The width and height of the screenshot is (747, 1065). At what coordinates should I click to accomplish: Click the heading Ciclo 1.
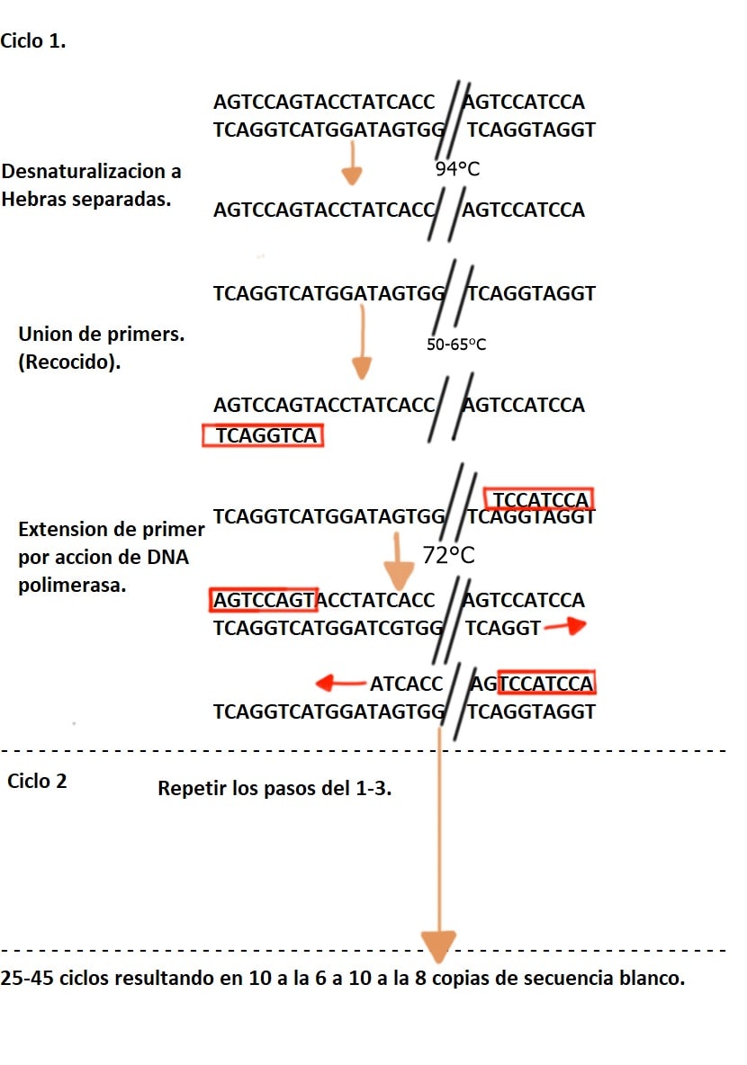pyautogui.click(x=33, y=40)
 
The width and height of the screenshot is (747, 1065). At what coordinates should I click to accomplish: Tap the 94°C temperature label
pyautogui.click(x=457, y=168)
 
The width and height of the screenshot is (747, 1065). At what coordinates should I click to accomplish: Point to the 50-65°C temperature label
pyautogui.click(x=456, y=345)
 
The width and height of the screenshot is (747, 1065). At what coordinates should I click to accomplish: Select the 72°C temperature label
pyautogui.click(x=448, y=555)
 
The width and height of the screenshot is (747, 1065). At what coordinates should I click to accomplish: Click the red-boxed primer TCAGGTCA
pyautogui.click(x=263, y=434)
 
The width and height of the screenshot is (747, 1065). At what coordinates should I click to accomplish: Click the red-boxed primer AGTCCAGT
pyautogui.click(x=264, y=600)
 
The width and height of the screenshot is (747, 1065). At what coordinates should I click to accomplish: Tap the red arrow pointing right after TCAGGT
pyautogui.click(x=565, y=625)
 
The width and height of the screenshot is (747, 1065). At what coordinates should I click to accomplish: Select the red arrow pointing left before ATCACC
pyautogui.click(x=341, y=683)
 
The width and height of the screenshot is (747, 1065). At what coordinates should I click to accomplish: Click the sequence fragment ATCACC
pyautogui.click(x=406, y=684)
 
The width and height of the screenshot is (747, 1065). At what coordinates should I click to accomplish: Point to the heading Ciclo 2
pyautogui.click(x=38, y=781)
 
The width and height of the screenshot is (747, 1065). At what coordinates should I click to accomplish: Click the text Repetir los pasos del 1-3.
pyautogui.click(x=274, y=788)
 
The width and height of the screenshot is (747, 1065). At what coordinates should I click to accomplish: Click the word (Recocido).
pyautogui.click(x=69, y=362)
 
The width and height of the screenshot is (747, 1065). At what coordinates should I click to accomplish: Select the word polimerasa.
pyautogui.click(x=72, y=585)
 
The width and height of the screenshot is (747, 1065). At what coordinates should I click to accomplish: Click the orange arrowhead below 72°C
pyautogui.click(x=399, y=576)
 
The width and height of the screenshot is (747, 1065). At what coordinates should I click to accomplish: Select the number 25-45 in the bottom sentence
pyautogui.click(x=27, y=978)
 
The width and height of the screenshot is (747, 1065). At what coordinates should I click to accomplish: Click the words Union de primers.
pyautogui.click(x=102, y=334)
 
